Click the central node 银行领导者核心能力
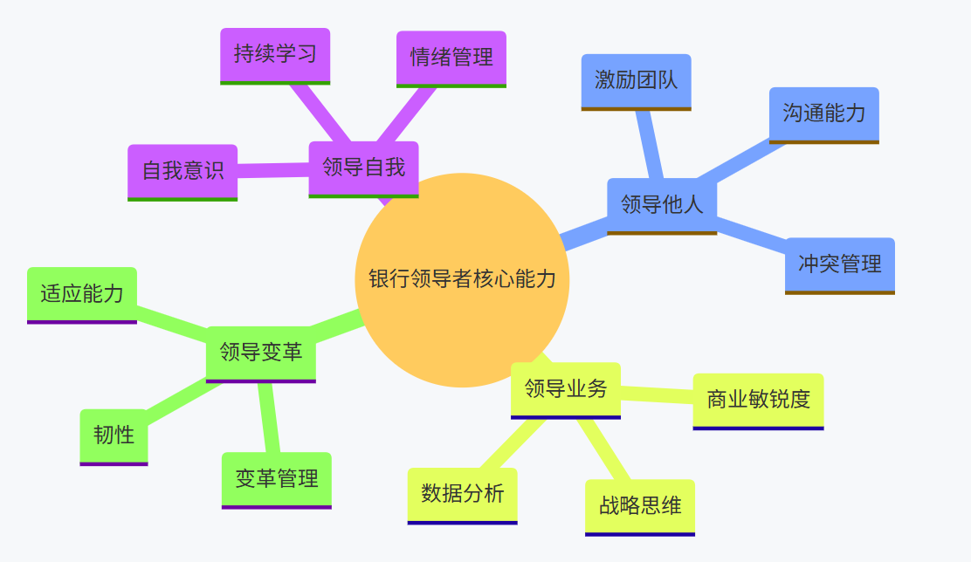pyautogui.click(x=462, y=279)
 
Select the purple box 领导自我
pyautogui.click(x=363, y=168)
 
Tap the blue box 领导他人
pyautogui.click(x=662, y=205)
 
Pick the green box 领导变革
pyautogui.click(x=260, y=353)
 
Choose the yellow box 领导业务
pyautogui.click(x=565, y=388)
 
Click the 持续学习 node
pyautogui.click(x=275, y=54)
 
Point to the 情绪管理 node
pyautogui.click(x=451, y=58)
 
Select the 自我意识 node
pyautogui.click(x=182, y=171)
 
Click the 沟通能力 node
pyautogui.click(x=823, y=113)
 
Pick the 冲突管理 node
pyautogui.click(x=839, y=264)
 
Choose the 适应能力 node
pyautogui.click(x=82, y=294)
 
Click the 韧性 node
pyautogui.click(x=114, y=435)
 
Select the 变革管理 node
pyautogui.click(x=276, y=478)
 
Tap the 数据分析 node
pyautogui.click(x=462, y=494)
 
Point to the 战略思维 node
pyautogui.click(x=639, y=505)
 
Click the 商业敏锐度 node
pyautogui.click(x=758, y=400)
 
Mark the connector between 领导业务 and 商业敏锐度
pyautogui.click(x=657, y=394)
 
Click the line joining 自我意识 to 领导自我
pyautogui.click(x=273, y=169)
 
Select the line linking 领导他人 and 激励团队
pyautogui.click(x=651, y=145)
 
